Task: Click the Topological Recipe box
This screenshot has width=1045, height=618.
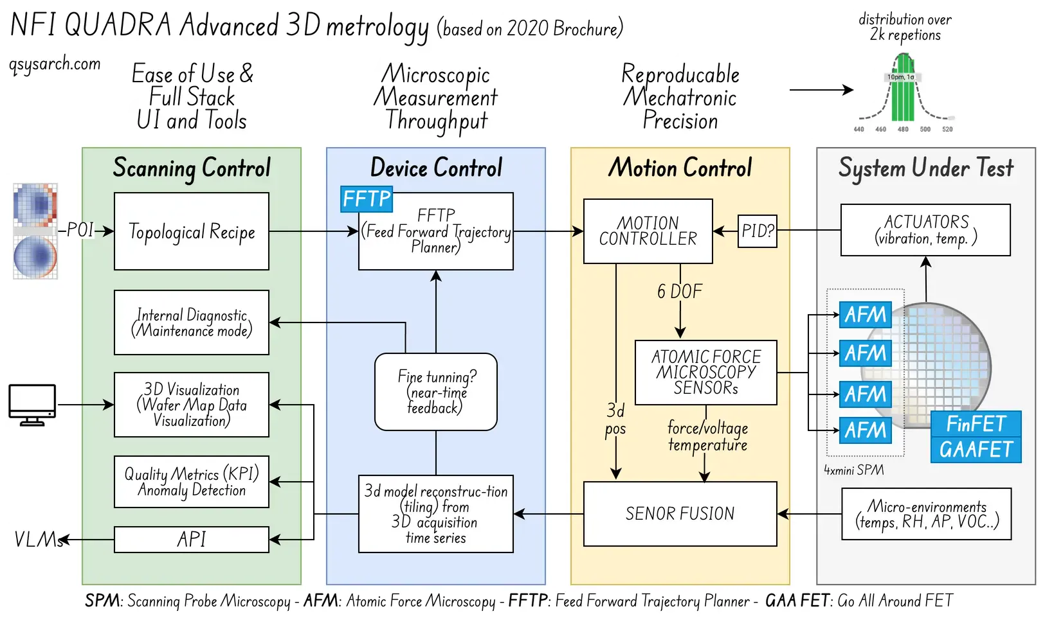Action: [x=191, y=231]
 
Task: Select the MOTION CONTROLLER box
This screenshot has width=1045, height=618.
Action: [x=648, y=231]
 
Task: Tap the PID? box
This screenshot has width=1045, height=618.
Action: [x=757, y=231]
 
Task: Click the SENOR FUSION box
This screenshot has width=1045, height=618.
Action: [x=680, y=513]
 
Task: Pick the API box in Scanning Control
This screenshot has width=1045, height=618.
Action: [x=191, y=539]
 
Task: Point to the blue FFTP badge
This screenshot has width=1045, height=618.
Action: [x=366, y=199]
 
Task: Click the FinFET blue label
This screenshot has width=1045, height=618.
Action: [x=976, y=423]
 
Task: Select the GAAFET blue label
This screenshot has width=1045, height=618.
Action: [x=976, y=450]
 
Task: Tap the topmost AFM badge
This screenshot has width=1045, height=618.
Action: [x=866, y=315]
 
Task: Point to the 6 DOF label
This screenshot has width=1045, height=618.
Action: [x=680, y=291]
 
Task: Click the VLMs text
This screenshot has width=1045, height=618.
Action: [x=38, y=539]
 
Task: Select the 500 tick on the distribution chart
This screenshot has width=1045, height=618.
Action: [x=925, y=129]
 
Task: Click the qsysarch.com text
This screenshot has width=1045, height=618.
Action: [x=55, y=64]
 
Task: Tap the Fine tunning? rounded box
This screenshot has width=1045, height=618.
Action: [x=436, y=392]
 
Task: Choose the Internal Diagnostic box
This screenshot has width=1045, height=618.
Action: [x=191, y=322]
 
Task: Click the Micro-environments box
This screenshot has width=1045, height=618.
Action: [x=927, y=514]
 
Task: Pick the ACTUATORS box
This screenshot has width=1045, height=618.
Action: [x=925, y=230]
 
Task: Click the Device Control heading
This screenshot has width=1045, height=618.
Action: [x=436, y=167]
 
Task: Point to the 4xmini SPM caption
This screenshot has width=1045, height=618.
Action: [x=854, y=470]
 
